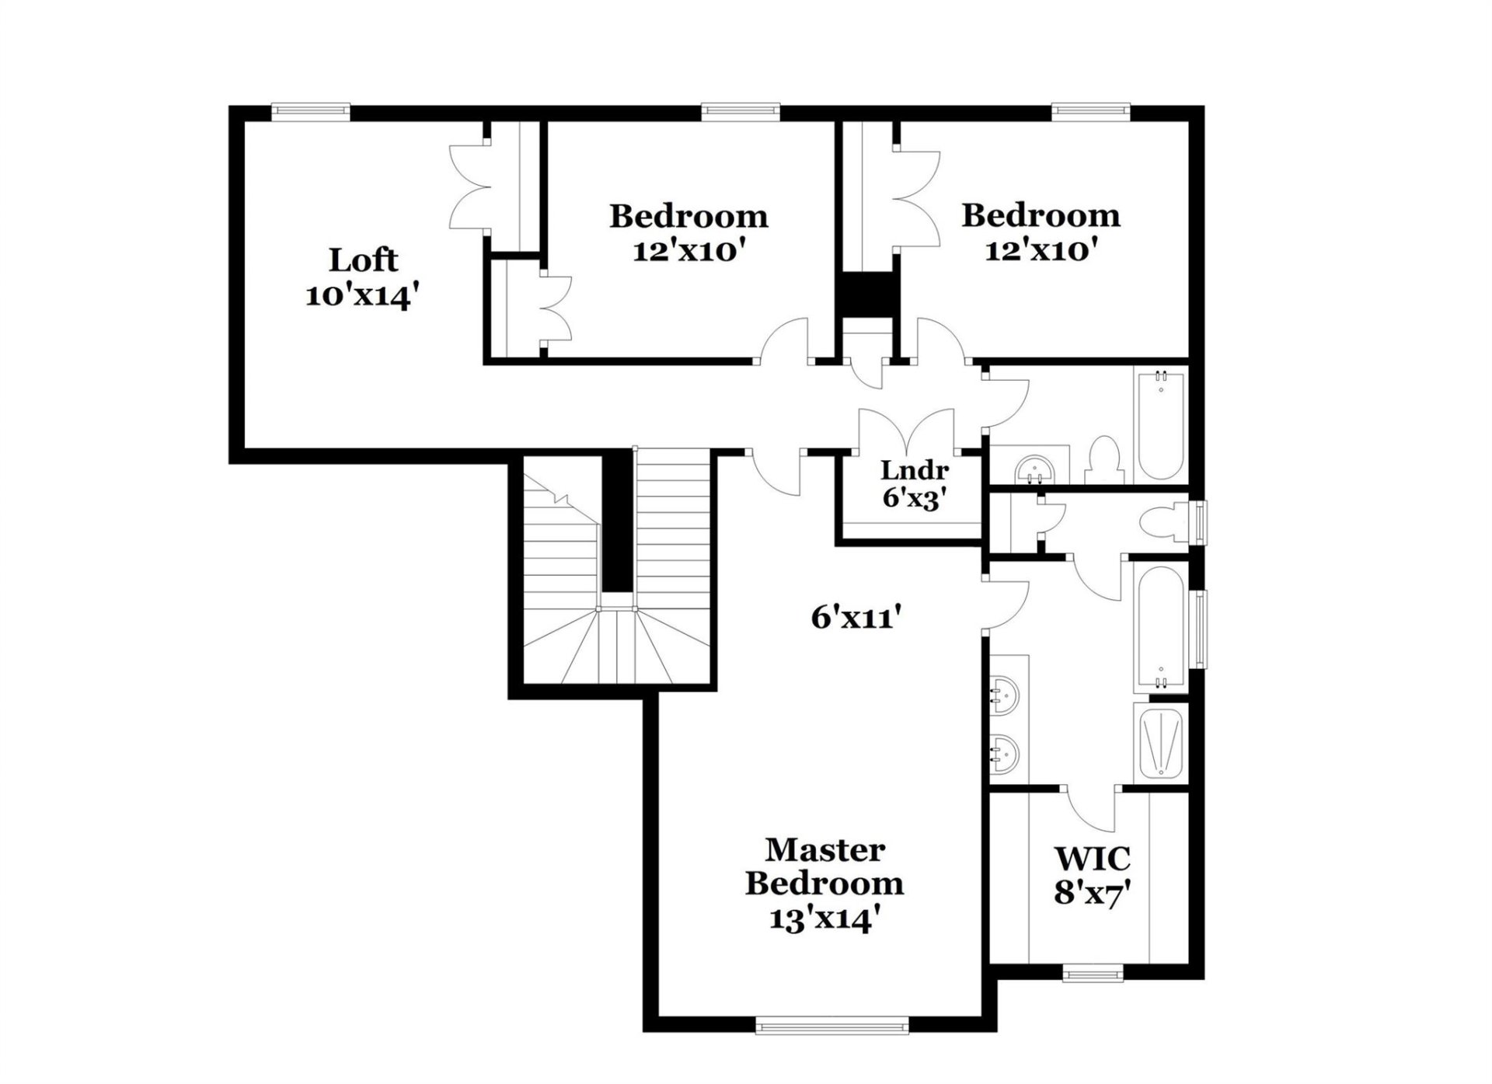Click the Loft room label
click(363, 260)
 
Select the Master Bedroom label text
click(824, 866)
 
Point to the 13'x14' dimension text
click(824, 919)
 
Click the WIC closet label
click(1092, 859)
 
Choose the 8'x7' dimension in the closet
click(1091, 893)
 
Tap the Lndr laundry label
click(915, 470)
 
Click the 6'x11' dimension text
click(856, 618)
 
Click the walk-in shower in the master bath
click(1159, 744)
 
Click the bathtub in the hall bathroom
click(1160, 425)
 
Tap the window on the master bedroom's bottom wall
click(832, 1026)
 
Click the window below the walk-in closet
click(1092, 973)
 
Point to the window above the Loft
click(311, 112)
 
